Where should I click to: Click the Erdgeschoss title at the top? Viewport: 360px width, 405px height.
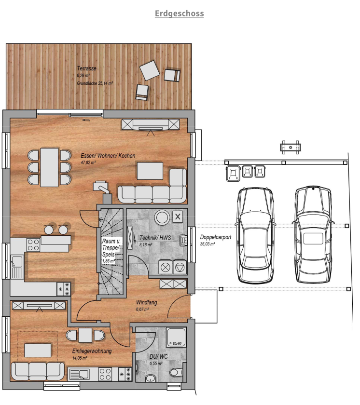180,13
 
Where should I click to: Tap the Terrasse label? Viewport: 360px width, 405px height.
87,68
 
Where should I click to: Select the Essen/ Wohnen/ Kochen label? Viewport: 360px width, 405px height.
108,156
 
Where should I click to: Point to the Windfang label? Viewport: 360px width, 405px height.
146,303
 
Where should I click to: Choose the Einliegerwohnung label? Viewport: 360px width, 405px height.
92,351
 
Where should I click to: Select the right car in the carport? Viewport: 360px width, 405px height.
314,235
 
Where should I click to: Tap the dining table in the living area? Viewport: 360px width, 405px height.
49,167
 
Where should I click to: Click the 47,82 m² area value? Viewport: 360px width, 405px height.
89,163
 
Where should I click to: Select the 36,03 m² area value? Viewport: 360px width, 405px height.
208,244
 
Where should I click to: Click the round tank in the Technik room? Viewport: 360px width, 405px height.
161,218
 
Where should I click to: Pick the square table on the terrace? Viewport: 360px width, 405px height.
150,70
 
